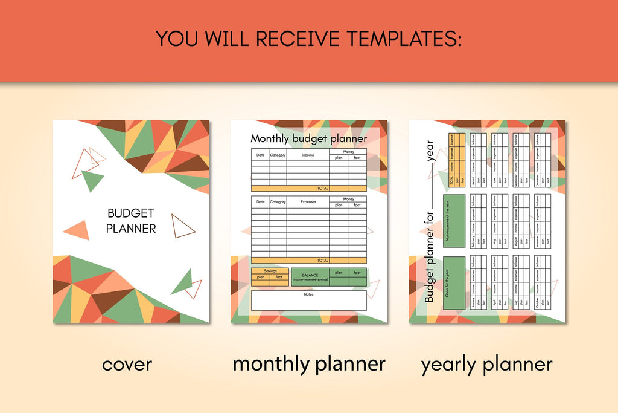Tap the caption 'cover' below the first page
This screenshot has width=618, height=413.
tap(127, 364)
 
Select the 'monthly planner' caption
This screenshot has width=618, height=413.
tap(309, 363)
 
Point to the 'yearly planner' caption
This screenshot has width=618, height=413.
tap(486, 364)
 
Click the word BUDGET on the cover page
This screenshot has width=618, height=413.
tap(131, 213)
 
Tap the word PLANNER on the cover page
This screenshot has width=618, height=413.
tap(131, 229)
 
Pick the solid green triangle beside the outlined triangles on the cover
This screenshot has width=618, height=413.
tap(92, 179)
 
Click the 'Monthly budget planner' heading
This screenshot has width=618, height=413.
tap(308, 139)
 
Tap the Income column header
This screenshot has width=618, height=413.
tap(308, 155)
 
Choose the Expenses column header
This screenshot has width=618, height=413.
tap(308, 202)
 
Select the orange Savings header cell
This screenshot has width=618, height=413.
tap(270, 271)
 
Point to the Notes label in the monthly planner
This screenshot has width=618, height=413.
tap(308, 294)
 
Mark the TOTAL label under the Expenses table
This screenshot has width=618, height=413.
tap(323, 261)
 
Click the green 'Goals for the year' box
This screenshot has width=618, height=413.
tap(454, 282)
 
